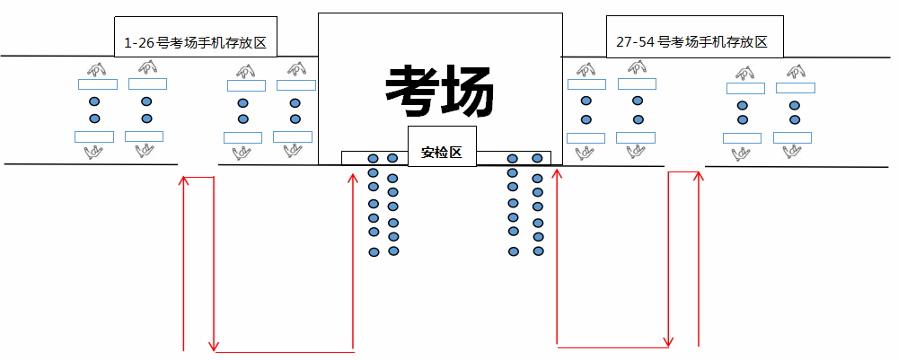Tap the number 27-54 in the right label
[x=634, y=42]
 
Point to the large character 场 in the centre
[x=467, y=91]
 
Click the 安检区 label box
[x=441, y=153]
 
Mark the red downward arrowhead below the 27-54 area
[x=668, y=340]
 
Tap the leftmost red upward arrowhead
[x=183, y=180]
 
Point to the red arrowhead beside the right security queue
[x=558, y=172]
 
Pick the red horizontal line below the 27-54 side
[x=612, y=347]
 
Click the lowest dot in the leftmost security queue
[x=374, y=252]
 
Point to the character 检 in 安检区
[x=441, y=153]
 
